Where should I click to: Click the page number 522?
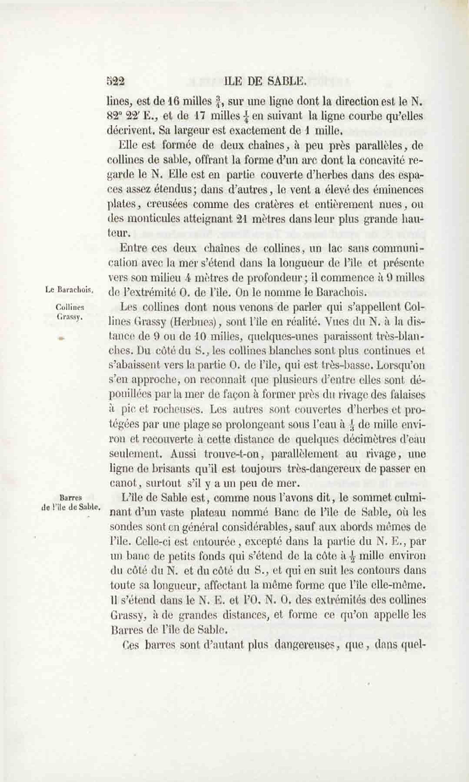115,82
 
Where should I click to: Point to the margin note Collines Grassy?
70,311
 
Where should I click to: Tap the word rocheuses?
178,410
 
